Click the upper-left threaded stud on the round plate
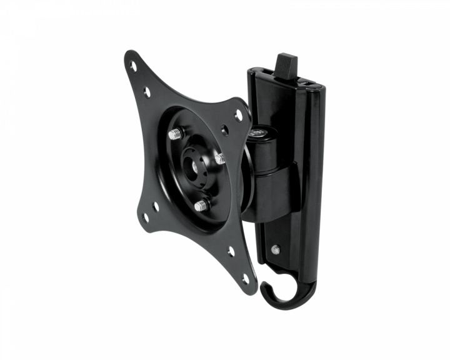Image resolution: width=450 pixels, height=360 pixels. pos(175,134)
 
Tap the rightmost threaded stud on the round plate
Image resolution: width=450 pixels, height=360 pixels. pos(220,159)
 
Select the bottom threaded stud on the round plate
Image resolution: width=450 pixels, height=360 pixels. pos(201,205)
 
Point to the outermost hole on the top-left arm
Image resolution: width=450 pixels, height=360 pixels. pos(132,64)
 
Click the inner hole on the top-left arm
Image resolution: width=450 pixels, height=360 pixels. pos(147,92)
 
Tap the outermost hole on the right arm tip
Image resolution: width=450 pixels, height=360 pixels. pos(238,115)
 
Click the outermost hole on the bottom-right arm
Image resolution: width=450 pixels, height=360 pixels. pos(245,279)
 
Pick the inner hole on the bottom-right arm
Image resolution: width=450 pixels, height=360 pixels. pos(231,251)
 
